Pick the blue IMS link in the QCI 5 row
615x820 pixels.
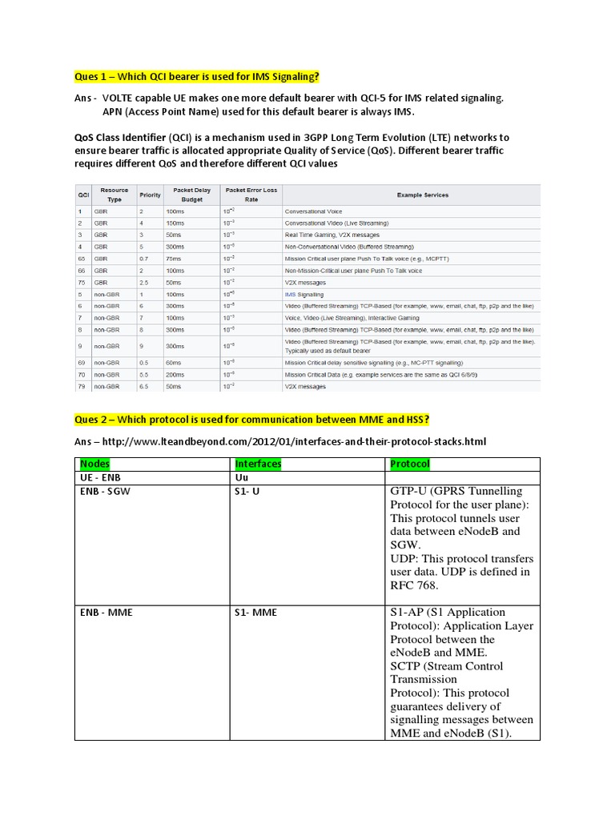(x=291, y=294)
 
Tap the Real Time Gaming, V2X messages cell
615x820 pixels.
(x=328, y=235)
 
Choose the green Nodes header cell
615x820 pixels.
(x=95, y=464)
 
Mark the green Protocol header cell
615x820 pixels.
(x=409, y=464)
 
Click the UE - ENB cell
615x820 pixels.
(x=100, y=476)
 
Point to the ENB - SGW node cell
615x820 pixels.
(x=104, y=490)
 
